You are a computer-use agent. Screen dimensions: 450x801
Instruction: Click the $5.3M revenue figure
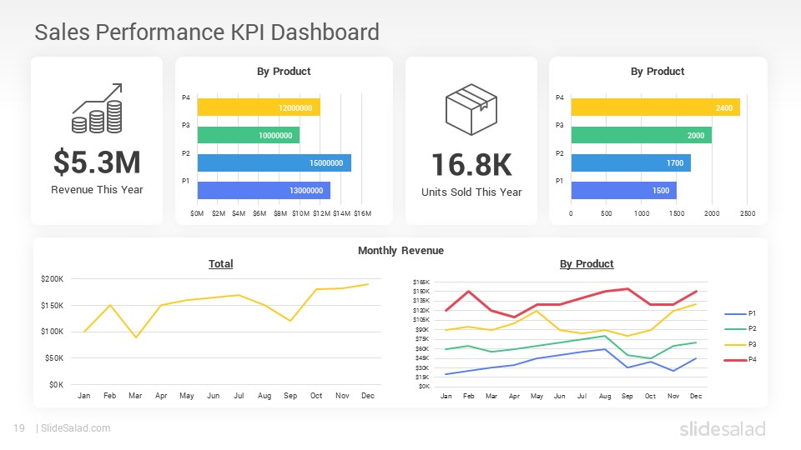click(97, 162)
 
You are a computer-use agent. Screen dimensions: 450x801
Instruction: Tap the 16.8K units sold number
click(471, 165)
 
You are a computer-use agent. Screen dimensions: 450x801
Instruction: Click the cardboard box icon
click(471, 109)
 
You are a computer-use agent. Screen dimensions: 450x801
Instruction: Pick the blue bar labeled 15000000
click(274, 162)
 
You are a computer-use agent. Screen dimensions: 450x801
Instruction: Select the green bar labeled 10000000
click(248, 135)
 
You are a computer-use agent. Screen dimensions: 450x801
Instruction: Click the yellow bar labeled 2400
click(655, 107)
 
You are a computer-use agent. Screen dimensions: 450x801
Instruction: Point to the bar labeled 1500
click(623, 190)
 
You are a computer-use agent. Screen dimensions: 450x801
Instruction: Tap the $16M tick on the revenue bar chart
click(362, 214)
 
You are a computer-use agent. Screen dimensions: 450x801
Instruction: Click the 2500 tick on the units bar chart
click(747, 214)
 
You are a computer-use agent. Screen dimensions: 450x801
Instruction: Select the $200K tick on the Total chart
click(52, 278)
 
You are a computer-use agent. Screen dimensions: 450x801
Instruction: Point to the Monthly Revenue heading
click(400, 250)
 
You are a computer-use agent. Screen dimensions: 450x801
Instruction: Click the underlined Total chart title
click(220, 264)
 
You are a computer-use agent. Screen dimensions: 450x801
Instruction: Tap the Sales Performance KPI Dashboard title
click(207, 32)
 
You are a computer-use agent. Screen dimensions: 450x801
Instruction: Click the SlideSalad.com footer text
click(75, 428)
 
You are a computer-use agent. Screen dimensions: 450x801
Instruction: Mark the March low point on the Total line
click(135, 337)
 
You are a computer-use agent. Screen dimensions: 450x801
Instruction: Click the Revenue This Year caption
click(97, 190)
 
